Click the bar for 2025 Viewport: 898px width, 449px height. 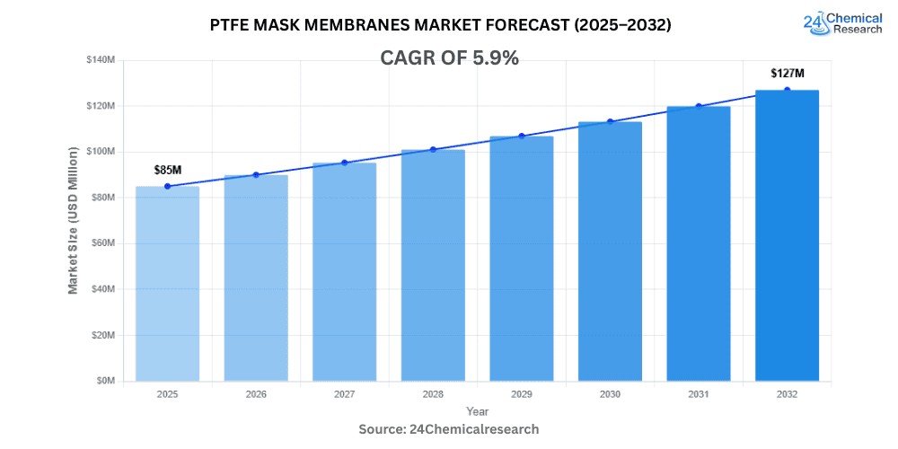[167, 283]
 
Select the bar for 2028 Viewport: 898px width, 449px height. [433, 265]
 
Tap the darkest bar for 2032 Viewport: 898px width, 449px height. [787, 235]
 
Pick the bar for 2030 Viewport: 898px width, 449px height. [610, 251]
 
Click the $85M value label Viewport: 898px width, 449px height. [167, 169]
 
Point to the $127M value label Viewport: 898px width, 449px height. [787, 73]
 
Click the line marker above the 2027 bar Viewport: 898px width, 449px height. [344, 163]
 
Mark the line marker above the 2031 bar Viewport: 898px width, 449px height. [698, 106]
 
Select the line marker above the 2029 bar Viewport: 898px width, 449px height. [521, 136]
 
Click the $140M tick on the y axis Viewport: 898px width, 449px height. [101, 60]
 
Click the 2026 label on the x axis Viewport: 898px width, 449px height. [256, 393]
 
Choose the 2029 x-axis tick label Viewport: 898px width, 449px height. [521, 393]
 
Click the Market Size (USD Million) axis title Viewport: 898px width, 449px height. [73, 220]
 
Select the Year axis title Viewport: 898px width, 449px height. [477, 410]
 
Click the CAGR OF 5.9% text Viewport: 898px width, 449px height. [449, 58]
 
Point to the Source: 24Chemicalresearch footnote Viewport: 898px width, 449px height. [449, 429]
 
